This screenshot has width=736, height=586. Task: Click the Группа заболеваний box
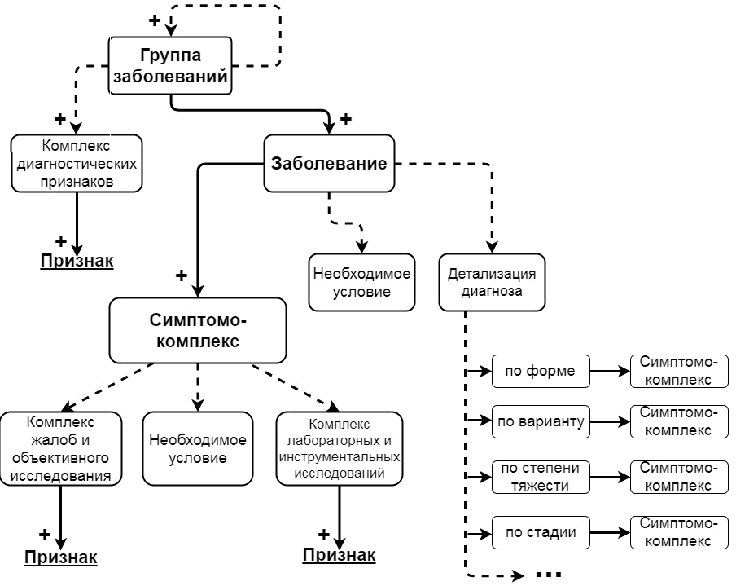(170, 66)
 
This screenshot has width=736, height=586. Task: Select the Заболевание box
(328, 163)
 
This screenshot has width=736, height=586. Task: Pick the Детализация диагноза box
(492, 282)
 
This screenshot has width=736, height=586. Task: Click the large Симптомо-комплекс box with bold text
(198, 329)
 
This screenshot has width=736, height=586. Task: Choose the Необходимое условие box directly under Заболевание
(361, 282)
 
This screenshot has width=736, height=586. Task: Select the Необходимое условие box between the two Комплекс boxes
(198, 449)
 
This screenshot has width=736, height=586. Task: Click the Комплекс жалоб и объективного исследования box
(61, 449)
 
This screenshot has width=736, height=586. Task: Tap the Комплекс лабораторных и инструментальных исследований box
(338, 449)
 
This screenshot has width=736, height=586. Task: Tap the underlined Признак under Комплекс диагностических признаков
(77, 261)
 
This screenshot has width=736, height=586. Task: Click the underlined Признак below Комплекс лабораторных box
(340, 556)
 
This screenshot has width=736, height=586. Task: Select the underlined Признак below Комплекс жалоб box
(61, 557)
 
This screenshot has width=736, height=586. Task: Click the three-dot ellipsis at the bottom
(549, 574)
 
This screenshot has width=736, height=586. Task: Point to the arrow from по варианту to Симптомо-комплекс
(609, 422)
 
